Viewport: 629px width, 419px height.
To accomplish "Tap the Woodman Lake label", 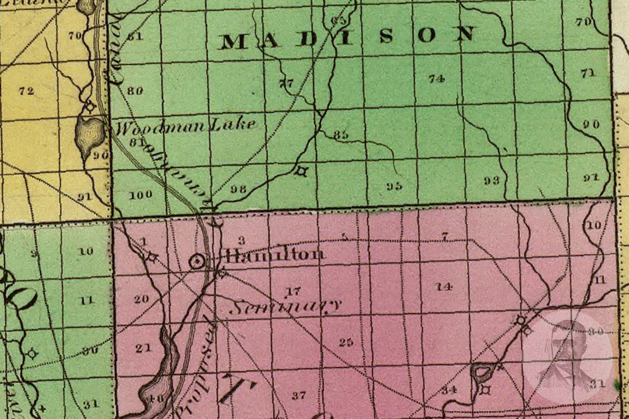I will pos(185,125).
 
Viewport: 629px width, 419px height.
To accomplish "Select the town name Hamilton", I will pos(275,254).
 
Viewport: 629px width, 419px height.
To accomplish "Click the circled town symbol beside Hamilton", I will pos(197,261).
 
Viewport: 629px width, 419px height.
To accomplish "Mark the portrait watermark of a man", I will pos(568,356).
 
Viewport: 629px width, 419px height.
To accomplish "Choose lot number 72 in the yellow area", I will pos(26,91).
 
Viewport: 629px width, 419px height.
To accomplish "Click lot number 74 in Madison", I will pos(437,78).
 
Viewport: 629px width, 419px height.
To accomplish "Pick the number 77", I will pos(286,83).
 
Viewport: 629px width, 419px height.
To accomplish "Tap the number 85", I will pos(341,135).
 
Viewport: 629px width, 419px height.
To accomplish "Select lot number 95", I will pos(394,186).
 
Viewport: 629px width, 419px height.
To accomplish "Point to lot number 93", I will pos(491,181).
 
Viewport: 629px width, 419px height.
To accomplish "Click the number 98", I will pos(238,189).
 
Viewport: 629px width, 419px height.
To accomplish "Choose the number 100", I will pos(140,195).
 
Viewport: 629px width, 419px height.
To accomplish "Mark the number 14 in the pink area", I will pos(443,287).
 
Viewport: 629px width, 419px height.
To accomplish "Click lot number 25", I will pos(346,342).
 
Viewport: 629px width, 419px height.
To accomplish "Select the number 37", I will pos(299,395).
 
